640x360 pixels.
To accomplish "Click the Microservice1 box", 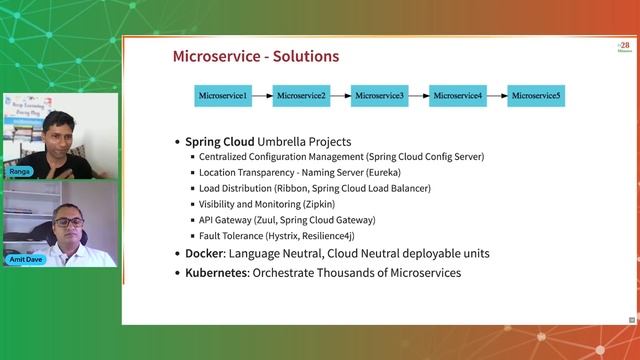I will click(222, 96).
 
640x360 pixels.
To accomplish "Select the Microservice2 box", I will click(301, 96).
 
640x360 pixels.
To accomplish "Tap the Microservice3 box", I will click(379, 96).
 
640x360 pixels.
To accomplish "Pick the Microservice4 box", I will click(457, 96).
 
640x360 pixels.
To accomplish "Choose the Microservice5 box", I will click(535, 96).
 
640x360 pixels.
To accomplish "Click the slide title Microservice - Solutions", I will click(255, 57).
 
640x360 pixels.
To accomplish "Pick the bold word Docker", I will click(206, 254).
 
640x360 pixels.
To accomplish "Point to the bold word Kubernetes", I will click(217, 272).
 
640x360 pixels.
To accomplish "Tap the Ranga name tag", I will click(20, 171).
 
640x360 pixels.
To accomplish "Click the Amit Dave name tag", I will click(28, 259).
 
